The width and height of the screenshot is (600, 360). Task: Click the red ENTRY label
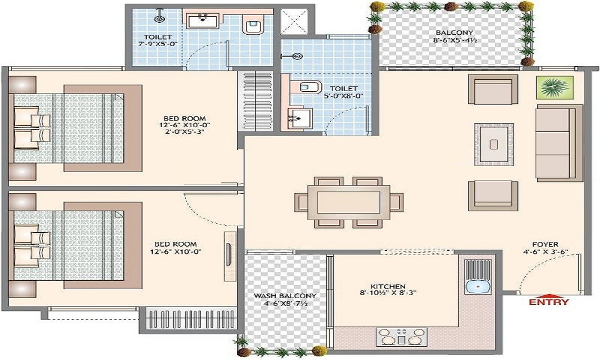click(x=549, y=301)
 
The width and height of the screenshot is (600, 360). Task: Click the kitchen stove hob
click(x=401, y=337)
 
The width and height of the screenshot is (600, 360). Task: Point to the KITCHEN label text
click(x=388, y=286)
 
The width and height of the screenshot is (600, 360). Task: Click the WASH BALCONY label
click(x=285, y=296)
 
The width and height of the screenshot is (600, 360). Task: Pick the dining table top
click(x=349, y=202)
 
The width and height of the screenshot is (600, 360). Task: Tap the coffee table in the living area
click(x=494, y=144)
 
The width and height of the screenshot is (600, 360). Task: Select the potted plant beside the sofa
click(x=554, y=88)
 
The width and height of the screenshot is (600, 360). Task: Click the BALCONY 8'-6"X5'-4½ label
click(x=454, y=36)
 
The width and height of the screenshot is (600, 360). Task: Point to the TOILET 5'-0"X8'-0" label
click(x=344, y=92)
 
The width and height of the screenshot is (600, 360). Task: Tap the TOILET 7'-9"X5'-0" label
click(x=158, y=40)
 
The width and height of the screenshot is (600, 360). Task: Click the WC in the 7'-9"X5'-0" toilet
click(x=253, y=25)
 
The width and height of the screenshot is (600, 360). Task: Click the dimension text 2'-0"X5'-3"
click(x=185, y=131)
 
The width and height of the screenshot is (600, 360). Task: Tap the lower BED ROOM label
click(x=176, y=248)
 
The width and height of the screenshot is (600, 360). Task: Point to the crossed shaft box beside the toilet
click(x=295, y=22)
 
